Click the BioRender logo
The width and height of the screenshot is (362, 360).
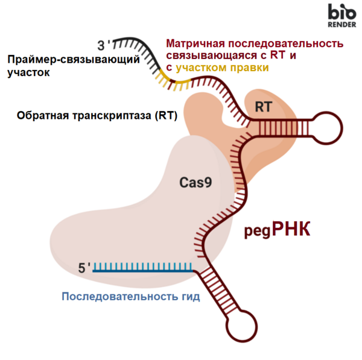(x=342, y=16)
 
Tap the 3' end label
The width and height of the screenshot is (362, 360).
(x=103, y=45)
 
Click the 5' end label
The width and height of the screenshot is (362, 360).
(x=84, y=268)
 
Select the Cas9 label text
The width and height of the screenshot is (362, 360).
(x=195, y=183)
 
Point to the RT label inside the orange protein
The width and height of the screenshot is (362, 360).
(x=264, y=107)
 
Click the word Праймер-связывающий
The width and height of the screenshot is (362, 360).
(x=74, y=60)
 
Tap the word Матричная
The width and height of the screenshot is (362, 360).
(x=195, y=43)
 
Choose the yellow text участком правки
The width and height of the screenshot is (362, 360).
(x=222, y=68)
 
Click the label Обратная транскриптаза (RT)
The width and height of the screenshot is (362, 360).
(x=97, y=115)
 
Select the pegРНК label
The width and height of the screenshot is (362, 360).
(x=278, y=229)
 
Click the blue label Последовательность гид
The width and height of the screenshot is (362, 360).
(x=131, y=296)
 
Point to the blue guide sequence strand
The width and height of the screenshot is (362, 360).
(x=142, y=271)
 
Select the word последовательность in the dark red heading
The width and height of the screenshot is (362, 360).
(x=286, y=43)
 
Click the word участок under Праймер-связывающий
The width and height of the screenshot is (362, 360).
(x=28, y=72)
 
